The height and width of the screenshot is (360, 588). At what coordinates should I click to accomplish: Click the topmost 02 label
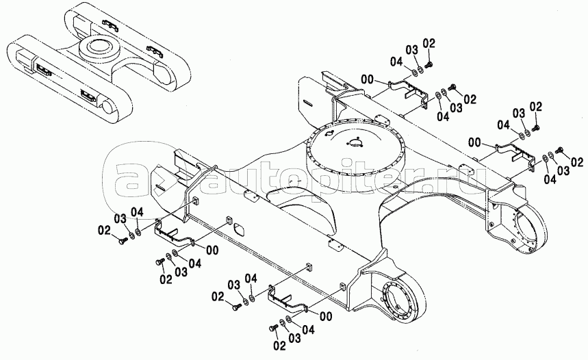pos(429,44)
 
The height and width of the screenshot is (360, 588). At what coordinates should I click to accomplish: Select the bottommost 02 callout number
pos(279,346)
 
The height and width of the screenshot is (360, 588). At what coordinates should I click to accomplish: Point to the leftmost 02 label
pos(104,229)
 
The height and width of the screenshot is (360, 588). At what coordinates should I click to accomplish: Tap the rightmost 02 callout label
pos(577,162)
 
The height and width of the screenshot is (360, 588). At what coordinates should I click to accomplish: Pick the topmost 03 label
pos(411,50)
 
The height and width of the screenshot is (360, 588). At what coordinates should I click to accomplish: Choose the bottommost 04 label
pos(308,330)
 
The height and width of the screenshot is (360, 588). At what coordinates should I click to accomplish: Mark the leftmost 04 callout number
pos(138,213)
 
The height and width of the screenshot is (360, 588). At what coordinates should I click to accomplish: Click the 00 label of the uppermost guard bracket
pos(368,79)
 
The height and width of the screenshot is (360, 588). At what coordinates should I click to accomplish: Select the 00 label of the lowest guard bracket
pos(327,316)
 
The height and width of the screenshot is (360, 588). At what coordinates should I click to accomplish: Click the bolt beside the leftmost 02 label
pos(121,242)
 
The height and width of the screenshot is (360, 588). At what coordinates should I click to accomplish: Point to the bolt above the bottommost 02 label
pos(272,329)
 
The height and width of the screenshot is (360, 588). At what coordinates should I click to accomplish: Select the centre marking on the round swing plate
pos(355,142)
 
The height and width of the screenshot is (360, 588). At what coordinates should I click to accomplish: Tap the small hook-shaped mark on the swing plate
pos(329,134)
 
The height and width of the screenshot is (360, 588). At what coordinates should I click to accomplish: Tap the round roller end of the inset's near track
pos(107,107)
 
